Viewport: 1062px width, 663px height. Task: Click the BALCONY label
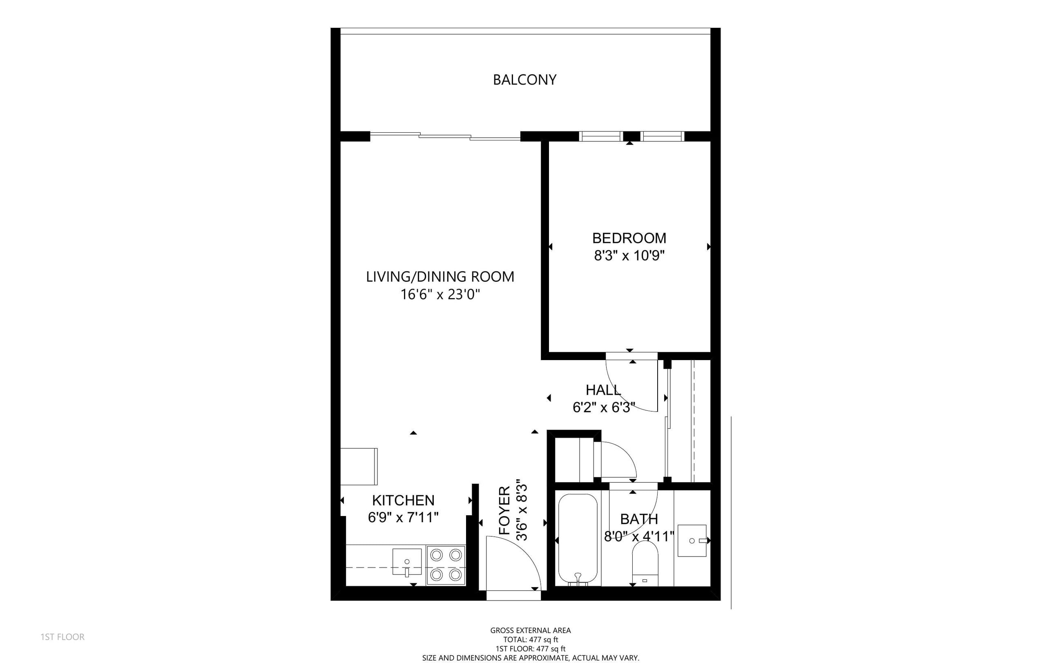(x=524, y=80)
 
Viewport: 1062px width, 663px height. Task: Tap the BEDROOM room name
(x=629, y=238)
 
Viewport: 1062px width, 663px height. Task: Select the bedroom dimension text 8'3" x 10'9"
(x=629, y=255)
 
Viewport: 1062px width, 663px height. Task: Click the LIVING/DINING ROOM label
(x=440, y=277)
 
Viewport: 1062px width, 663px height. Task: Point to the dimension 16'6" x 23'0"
(x=440, y=294)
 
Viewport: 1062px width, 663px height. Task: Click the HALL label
(x=603, y=390)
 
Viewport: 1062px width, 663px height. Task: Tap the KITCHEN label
(x=403, y=501)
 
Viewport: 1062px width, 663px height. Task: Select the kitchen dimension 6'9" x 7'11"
(x=403, y=517)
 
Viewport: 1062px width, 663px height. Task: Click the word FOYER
(x=505, y=510)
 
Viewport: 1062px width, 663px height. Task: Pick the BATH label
(x=639, y=519)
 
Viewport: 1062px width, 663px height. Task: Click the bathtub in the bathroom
(x=578, y=540)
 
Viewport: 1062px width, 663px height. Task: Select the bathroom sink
(x=692, y=541)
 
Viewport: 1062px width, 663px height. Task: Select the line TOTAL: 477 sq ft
(x=531, y=640)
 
